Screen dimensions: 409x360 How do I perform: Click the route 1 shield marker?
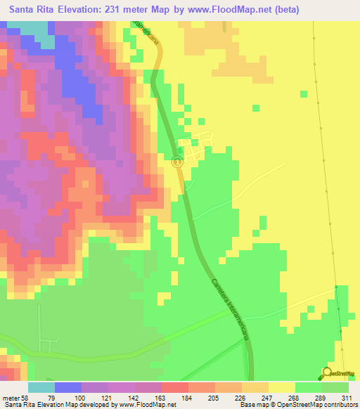[178, 162]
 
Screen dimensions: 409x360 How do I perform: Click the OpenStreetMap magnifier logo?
[328, 372]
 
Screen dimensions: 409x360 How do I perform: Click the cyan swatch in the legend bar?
[41, 388]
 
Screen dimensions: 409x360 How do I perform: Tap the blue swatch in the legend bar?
[68, 388]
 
